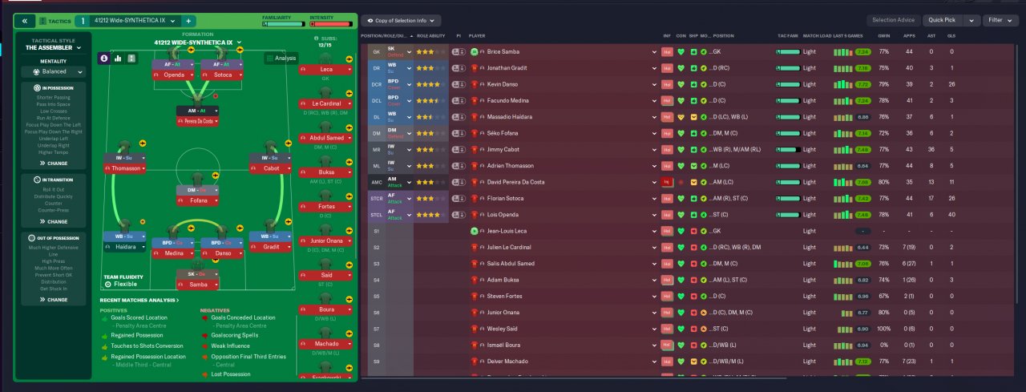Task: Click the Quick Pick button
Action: pyautogui.click(x=943, y=20)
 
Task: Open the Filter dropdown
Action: pyautogui.click(x=1000, y=20)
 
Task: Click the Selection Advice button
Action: pyautogui.click(x=894, y=20)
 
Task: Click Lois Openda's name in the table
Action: pyautogui.click(x=502, y=215)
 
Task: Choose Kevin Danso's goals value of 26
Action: pyautogui.click(x=951, y=84)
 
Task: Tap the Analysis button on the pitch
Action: pyautogui.click(x=281, y=58)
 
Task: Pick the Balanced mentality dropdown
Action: pyautogui.click(x=53, y=71)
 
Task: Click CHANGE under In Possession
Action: pyautogui.click(x=53, y=163)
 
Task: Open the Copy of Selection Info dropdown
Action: pyautogui.click(x=401, y=20)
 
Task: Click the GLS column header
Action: pyautogui.click(x=951, y=36)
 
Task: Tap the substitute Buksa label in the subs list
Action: pyautogui.click(x=326, y=172)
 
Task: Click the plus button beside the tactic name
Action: pyautogui.click(x=188, y=21)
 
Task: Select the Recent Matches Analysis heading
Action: pyautogui.click(x=139, y=300)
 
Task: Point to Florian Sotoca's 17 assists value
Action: pyautogui.click(x=931, y=199)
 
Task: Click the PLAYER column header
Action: pyautogui.click(x=477, y=36)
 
